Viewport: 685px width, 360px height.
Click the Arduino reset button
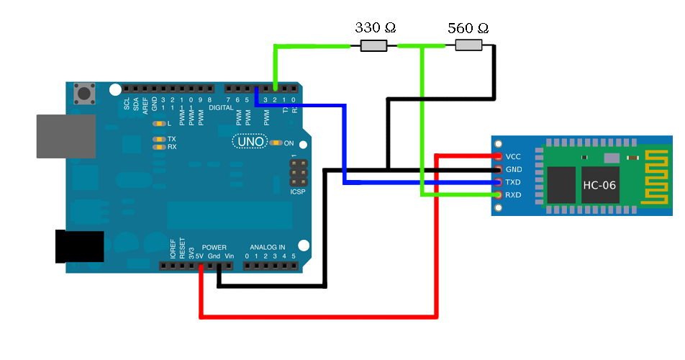(86, 94)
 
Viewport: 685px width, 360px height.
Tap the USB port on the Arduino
(65, 136)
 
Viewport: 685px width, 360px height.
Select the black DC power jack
(79, 246)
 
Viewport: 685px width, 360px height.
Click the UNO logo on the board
(250, 142)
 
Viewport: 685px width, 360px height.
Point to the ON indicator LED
(276, 143)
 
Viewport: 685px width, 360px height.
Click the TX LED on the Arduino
(158, 139)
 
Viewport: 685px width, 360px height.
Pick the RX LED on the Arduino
(158, 147)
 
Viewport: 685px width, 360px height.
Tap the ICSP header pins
(297, 173)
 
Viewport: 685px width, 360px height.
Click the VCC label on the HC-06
(513, 156)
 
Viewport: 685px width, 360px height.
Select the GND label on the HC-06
(514, 169)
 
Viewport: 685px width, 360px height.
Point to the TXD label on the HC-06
(513, 182)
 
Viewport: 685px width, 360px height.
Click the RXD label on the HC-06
(513, 195)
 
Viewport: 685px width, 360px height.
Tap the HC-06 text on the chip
(599, 185)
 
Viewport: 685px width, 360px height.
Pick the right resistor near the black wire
(468, 45)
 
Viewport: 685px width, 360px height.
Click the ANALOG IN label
(267, 247)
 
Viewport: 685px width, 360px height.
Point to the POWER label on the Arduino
(214, 247)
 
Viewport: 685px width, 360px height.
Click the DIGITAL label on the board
(221, 108)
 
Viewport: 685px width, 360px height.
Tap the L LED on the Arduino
(158, 124)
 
